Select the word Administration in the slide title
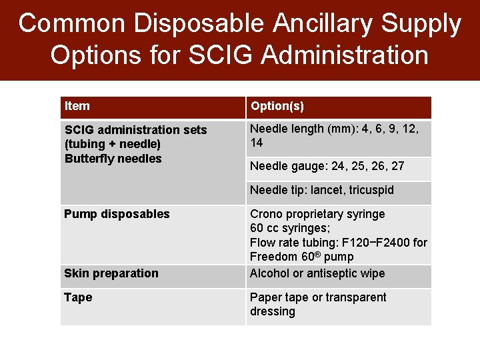tap(345, 55)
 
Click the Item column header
tap(77, 106)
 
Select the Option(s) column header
tap(277, 107)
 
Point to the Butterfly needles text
tap(113, 159)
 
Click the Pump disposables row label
tap(117, 214)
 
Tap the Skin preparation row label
tap(111, 273)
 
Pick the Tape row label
tap(78, 297)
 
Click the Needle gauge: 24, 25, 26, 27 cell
tap(327, 166)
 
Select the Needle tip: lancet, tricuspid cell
tap(322, 190)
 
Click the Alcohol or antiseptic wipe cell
tap(317, 273)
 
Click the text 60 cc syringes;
tap(290, 229)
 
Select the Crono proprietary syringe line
tap(317, 214)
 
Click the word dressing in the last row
tap(273, 311)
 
